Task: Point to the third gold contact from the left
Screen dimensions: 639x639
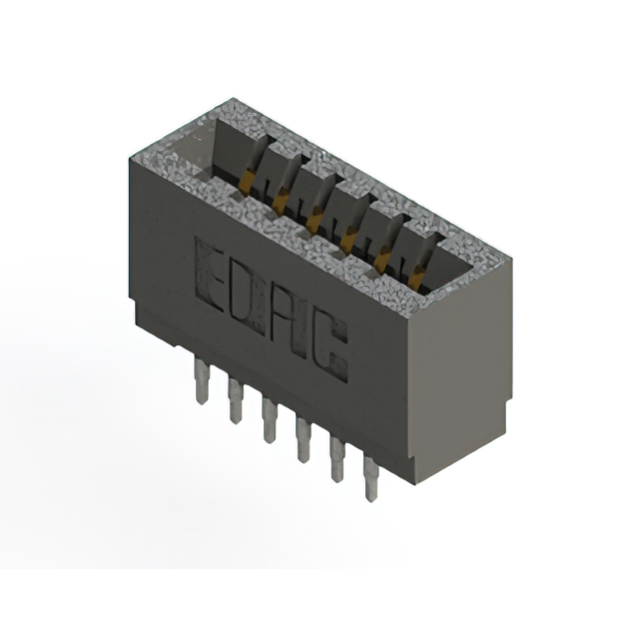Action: pyautogui.click(x=315, y=218)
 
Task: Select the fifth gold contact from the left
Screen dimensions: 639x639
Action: pyautogui.click(x=381, y=259)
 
